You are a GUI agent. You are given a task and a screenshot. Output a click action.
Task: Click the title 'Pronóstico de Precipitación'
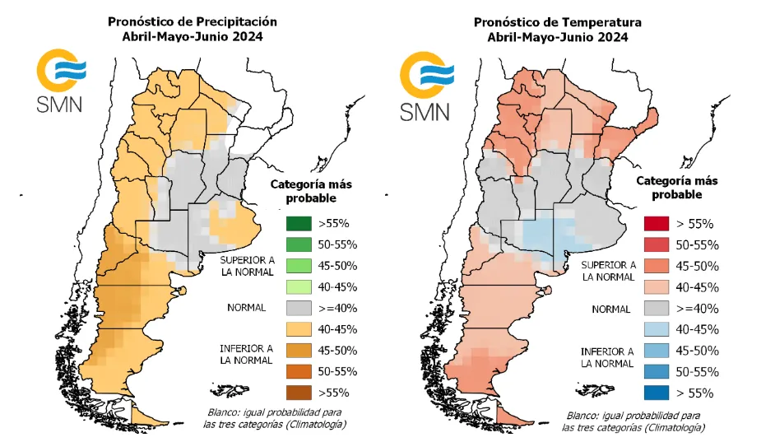coord(192,21)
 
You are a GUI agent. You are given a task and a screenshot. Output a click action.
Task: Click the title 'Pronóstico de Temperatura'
coord(557,22)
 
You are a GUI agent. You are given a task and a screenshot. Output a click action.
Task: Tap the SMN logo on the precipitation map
coord(58,81)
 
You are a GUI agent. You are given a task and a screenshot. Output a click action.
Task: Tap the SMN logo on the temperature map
coord(425,83)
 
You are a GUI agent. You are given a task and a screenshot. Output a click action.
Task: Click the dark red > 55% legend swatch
coord(657,224)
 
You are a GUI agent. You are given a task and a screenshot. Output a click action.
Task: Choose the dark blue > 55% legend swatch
coord(657,393)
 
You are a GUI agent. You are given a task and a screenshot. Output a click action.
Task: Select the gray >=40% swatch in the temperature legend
coord(657,308)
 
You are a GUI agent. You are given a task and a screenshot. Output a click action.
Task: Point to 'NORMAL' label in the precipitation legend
coord(247,308)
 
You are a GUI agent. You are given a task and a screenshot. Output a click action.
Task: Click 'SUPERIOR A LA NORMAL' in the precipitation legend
coord(247,265)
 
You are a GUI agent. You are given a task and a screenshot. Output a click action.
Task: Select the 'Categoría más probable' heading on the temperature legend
coord(676,188)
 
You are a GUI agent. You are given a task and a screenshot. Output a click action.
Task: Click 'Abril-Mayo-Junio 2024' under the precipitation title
coord(192,36)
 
